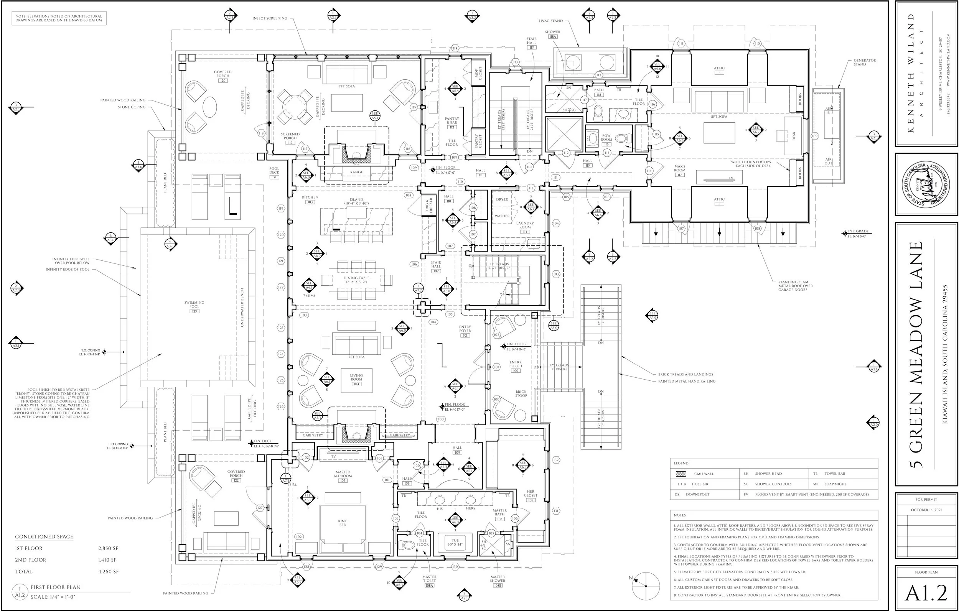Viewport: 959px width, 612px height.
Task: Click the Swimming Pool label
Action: point(194,304)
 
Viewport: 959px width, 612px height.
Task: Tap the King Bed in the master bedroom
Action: point(343,523)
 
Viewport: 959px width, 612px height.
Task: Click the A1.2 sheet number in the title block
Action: point(926,593)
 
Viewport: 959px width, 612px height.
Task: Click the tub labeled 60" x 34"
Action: point(455,543)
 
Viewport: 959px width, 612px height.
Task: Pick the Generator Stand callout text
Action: point(864,62)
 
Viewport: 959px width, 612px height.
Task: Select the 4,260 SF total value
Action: point(108,571)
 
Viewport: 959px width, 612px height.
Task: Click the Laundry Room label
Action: point(525,225)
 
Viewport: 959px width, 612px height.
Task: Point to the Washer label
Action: point(502,216)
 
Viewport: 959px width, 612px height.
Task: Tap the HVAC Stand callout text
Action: point(551,21)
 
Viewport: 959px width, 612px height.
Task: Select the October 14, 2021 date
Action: point(926,510)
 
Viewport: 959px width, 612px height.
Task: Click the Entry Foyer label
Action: point(465,329)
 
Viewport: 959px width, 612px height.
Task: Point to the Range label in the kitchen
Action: point(356,173)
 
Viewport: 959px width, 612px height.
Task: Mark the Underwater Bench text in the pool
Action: point(242,308)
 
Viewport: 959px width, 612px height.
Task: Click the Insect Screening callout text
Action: point(270,18)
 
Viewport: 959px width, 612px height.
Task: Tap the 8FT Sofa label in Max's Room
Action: point(719,117)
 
